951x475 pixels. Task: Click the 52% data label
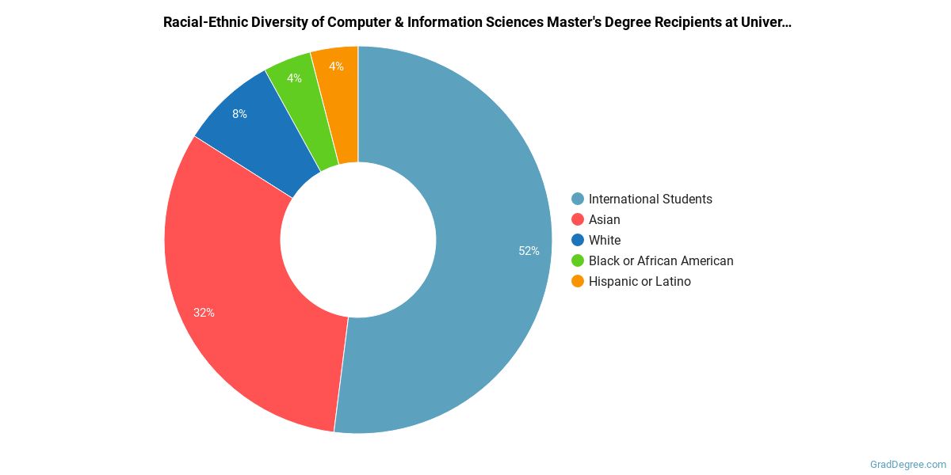(x=529, y=251)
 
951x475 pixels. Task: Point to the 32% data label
(x=204, y=313)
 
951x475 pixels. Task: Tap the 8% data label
(x=239, y=114)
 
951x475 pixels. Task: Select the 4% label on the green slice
(x=294, y=78)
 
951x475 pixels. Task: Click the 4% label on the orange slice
(x=336, y=66)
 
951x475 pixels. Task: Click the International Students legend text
(x=650, y=199)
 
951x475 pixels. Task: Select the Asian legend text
(x=604, y=219)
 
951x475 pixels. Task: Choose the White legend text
(x=604, y=240)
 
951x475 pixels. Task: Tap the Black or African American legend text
(x=660, y=260)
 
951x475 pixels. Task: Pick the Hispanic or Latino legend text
(x=639, y=281)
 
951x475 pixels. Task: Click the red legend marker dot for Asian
(x=578, y=219)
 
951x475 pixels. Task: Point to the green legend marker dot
(x=578, y=260)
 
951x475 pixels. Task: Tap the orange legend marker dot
(x=578, y=281)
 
